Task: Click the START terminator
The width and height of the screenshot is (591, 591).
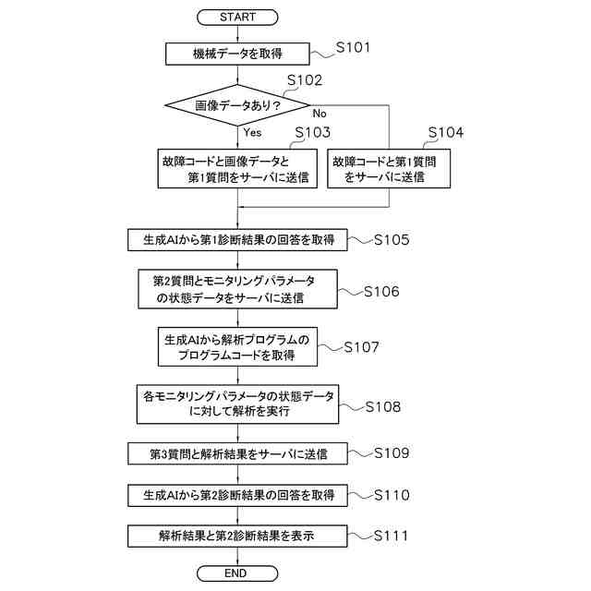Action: pos(238,17)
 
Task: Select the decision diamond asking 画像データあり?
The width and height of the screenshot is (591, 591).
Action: pos(238,107)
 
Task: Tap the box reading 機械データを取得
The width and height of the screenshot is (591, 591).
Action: pos(238,54)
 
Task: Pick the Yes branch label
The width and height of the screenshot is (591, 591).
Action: pos(252,132)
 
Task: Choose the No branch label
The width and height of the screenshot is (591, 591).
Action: pos(320,113)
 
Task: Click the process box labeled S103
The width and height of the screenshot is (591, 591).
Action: pos(238,168)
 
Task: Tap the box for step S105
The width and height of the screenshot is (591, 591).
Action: pos(238,240)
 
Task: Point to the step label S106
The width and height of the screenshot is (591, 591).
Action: pos(381,292)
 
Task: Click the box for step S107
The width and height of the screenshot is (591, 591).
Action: pos(238,346)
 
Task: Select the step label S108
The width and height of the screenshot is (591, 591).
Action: pos(382,405)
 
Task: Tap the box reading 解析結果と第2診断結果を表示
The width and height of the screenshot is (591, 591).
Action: pos(238,535)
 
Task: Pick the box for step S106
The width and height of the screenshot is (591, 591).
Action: pos(238,289)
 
